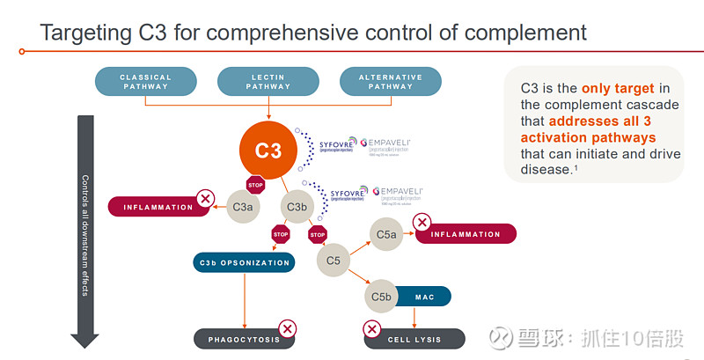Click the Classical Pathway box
[x=145, y=82]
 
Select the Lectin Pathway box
[x=268, y=82]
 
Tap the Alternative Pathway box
[x=390, y=82]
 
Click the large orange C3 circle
[x=268, y=149]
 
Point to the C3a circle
[x=243, y=207]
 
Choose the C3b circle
[x=297, y=207]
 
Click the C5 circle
[x=333, y=261]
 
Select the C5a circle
[x=386, y=234]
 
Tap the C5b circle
[x=381, y=297]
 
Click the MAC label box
[x=425, y=297]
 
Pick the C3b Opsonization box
[x=243, y=262]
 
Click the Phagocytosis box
[x=238, y=339]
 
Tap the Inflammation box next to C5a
[x=466, y=234]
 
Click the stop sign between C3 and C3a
[x=255, y=186]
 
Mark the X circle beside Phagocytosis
[x=286, y=329]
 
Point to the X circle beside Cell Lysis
[x=371, y=329]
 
